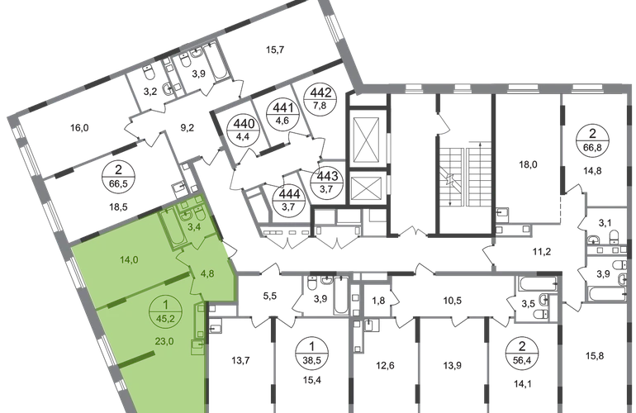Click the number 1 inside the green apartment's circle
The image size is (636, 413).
tap(162, 303)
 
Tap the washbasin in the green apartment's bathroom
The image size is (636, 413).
tap(187, 206)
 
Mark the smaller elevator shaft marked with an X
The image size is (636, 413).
tap(363, 191)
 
